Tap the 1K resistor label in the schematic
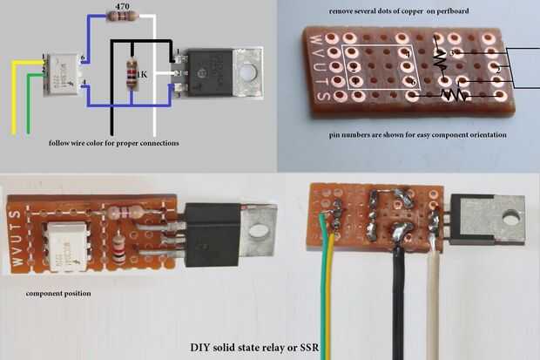tap(141, 76)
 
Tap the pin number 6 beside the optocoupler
tap(81, 58)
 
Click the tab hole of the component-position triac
tap(257, 233)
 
